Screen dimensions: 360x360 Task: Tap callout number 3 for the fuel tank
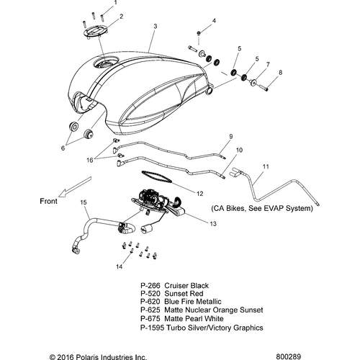(156, 26)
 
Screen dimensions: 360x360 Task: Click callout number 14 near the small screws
(120, 266)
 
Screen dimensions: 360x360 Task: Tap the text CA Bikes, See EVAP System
(261, 208)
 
